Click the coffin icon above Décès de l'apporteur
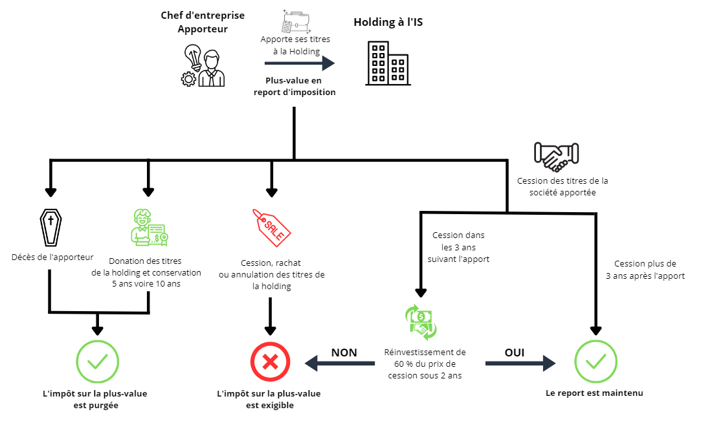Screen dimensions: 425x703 click(x=50, y=228)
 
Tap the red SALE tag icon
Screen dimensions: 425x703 click(x=272, y=226)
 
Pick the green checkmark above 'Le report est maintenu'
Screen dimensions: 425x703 click(x=596, y=361)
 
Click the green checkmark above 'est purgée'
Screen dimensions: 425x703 click(x=97, y=361)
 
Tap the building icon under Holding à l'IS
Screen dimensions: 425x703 click(x=386, y=63)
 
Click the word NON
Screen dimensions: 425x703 click(x=344, y=353)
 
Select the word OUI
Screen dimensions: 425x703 click(x=514, y=353)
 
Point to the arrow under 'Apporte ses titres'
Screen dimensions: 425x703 click(x=299, y=63)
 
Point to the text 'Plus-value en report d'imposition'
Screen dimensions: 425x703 click(x=294, y=86)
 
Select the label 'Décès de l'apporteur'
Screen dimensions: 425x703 click(x=52, y=257)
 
